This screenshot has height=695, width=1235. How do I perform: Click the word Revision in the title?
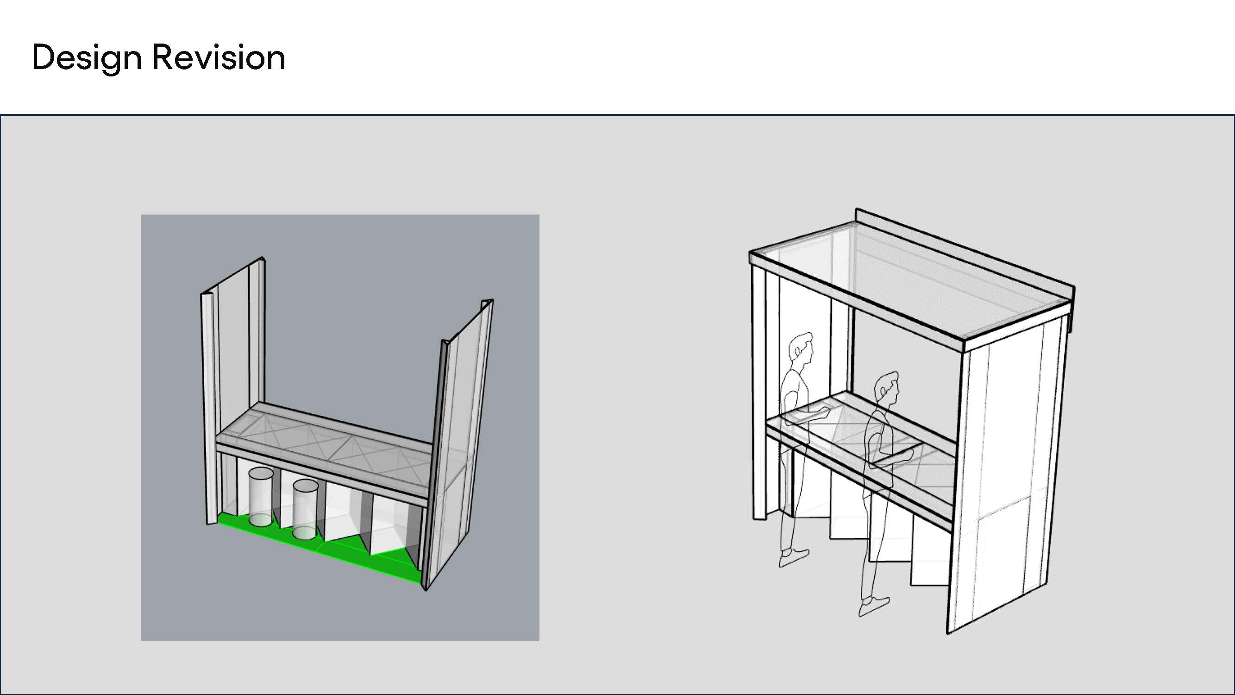click(x=219, y=57)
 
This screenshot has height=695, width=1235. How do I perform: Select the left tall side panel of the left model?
click(x=232, y=389)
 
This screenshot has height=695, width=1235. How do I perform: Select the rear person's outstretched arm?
click(x=810, y=415)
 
